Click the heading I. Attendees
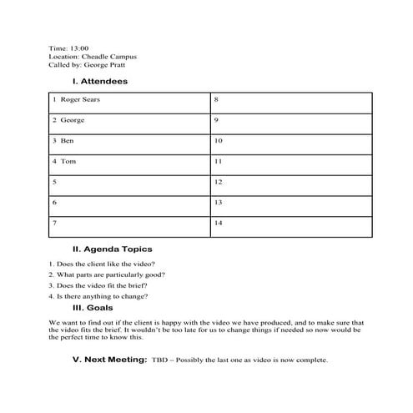pos(99,81)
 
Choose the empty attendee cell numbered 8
pos(290,101)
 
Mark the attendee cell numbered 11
pos(290,161)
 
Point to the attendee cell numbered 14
pos(290,223)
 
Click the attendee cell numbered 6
pos(129,202)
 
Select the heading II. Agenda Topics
pos(112,249)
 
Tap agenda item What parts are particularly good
pos(106,274)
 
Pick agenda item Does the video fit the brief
pos(99,285)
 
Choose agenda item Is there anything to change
pos(98,296)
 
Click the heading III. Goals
pos(93,308)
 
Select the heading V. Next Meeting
pos(109,360)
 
